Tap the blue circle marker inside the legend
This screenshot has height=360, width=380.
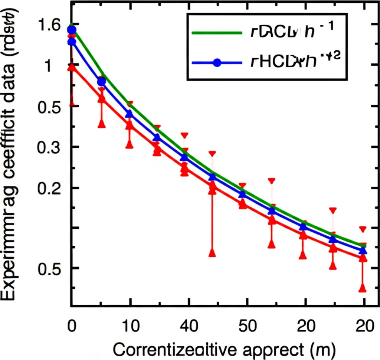[217, 63]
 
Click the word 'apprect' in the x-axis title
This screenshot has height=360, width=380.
[273, 349]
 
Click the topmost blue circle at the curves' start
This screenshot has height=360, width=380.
[72, 30]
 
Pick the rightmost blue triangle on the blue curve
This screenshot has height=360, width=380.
[363, 251]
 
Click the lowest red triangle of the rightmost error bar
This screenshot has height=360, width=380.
[363, 288]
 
